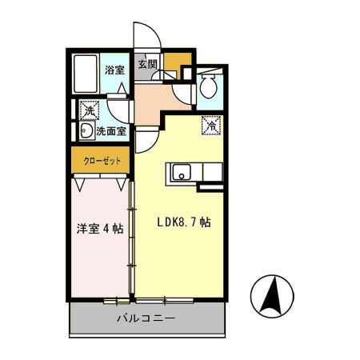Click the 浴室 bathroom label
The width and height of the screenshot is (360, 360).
pyautogui.click(x=114, y=70)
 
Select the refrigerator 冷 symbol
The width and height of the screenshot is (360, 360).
pyautogui.click(x=211, y=125)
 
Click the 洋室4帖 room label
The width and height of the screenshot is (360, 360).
pyautogui.click(x=99, y=228)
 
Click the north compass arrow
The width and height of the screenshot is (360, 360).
pyautogui.click(x=271, y=295)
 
